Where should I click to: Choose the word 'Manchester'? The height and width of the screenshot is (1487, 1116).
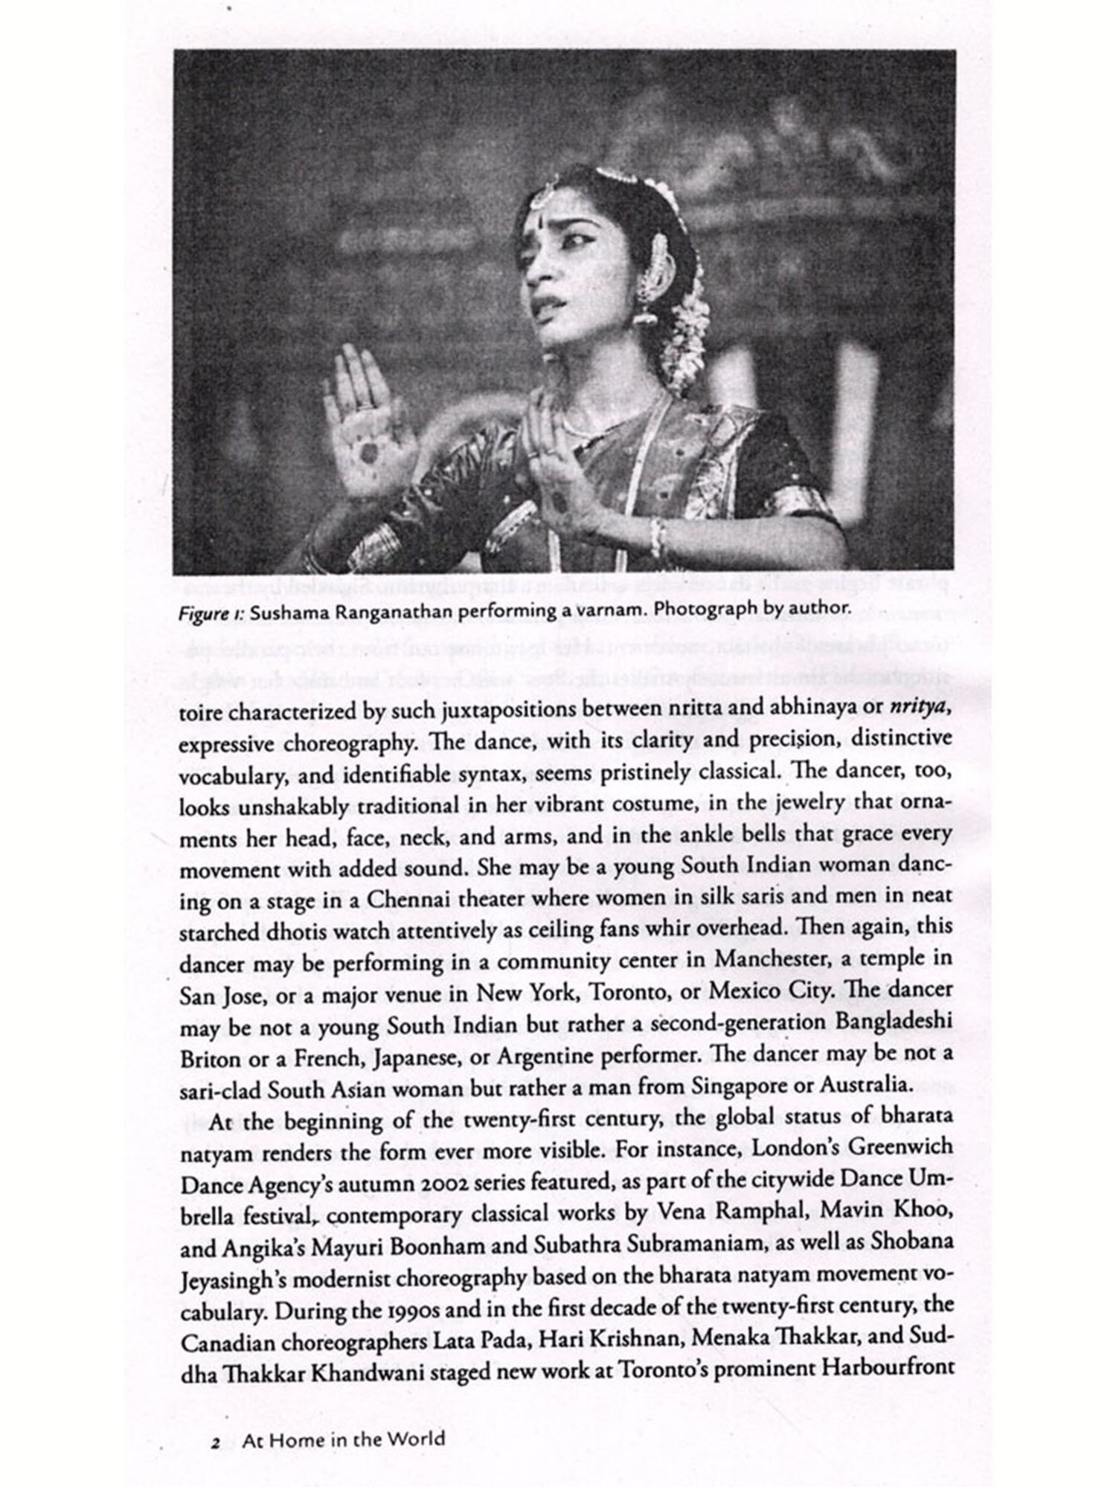coord(774,959)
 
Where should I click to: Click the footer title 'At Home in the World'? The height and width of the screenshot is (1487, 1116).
coord(343,1439)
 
